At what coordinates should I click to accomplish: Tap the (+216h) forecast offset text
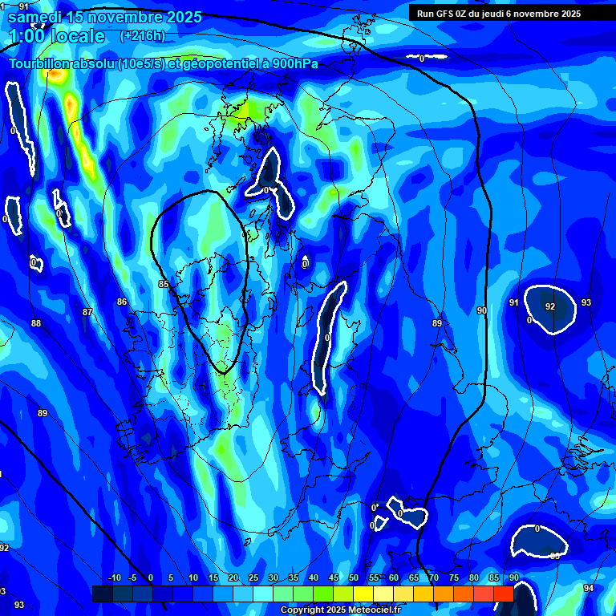point(142,36)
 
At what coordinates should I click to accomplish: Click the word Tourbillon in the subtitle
point(40,64)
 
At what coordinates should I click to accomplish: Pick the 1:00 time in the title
point(26,36)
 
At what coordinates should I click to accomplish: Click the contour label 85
point(164,284)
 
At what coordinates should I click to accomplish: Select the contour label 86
point(122,302)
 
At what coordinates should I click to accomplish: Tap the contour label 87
point(87,311)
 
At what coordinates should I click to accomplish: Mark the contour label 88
point(36,323)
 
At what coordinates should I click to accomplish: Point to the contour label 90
point(481,310)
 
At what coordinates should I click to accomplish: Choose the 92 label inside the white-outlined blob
point(550,306)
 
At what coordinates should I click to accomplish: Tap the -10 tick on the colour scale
point(114,578)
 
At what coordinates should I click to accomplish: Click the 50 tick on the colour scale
point(354,578)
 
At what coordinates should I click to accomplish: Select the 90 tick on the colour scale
point(513,578)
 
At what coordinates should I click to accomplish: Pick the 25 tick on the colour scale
point(253,578)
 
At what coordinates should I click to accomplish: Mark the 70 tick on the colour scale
point(433,578)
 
